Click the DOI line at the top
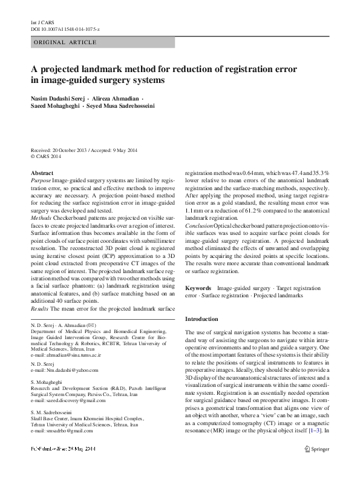coord(65,28)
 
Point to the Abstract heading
coord(41,173)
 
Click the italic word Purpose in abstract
coord(41,181)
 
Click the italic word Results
coord(39,309)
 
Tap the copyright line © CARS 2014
coord(46,157)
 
